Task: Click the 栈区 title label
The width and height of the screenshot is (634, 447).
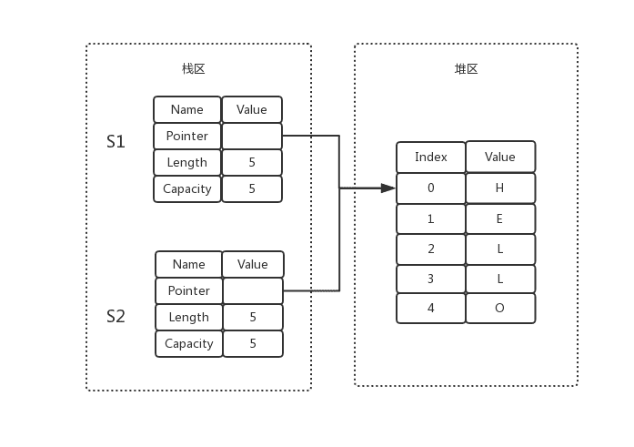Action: tap(193, 69)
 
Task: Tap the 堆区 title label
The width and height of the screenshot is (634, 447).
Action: tap(466, 69)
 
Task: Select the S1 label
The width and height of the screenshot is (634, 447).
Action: tap(116, 142)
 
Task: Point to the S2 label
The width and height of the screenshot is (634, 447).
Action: tap(116, 316)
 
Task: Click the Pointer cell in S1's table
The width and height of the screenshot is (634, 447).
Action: tap(187, 136)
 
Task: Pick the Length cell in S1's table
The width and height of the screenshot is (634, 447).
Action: tap(187, 162)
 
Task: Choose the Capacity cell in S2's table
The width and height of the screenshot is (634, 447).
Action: tap(189, 343)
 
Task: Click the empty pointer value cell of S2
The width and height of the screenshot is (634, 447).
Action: tap(253, 290)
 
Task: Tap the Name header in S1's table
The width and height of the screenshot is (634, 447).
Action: tap(187, 109)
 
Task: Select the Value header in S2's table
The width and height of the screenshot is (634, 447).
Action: tap(253, 265)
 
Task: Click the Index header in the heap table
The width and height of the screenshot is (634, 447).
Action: tap(431, 157)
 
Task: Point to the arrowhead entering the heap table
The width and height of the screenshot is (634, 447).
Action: tap(388, 188)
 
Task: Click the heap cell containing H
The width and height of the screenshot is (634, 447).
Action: tap(500, 188)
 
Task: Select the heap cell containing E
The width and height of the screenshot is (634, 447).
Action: tap(500, 218)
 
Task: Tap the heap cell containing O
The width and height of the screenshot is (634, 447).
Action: tap(500, 309)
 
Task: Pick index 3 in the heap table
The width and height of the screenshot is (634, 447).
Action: tap(431, 279)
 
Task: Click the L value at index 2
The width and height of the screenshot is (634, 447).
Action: tap(500, 249)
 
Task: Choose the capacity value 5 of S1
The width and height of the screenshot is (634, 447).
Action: tap(252, 189)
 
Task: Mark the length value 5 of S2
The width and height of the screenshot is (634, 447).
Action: tap(253, 317)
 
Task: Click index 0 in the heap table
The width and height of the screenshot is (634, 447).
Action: tap(431, 188)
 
